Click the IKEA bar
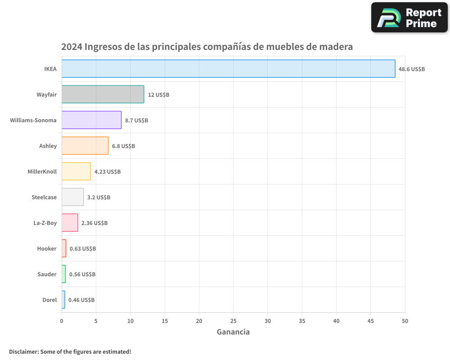tap(228, 69)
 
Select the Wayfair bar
tap(103, 94)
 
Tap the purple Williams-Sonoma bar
tap(91, 120)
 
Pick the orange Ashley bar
tap(85, 146)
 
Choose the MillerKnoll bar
tap(76, 171)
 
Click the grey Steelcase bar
tap(72, 197)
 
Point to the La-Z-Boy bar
tap(70, 223)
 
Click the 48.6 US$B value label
tap(411, 69)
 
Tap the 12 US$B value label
tap(158, 95)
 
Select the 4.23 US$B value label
tap(107, 172)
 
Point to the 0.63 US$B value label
tap(82, 249)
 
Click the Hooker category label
tap(47, 249)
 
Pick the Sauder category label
tap(47, 274)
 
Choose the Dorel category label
tap(49, 300)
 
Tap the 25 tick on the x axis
tap(233, 321)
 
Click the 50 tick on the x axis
tap(405, 321)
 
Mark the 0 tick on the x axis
tap(62, 321)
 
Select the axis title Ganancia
tap(233, 332)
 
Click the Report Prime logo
tap(409, 18)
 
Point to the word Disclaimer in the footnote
tap(23, 351)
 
